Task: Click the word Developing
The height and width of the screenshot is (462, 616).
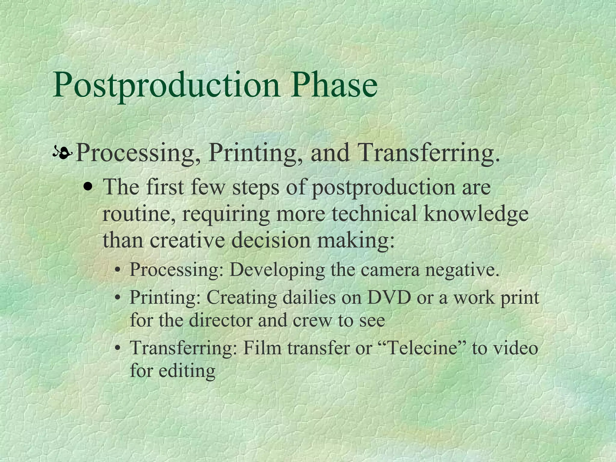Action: (x=277, y=270)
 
